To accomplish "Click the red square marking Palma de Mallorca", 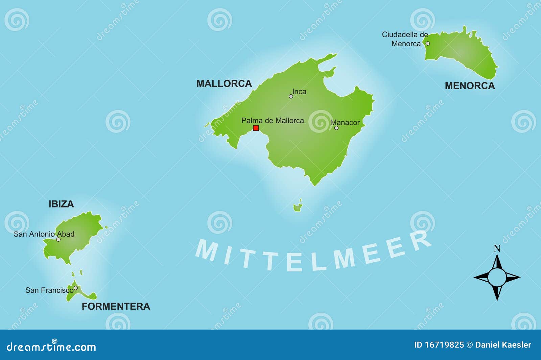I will [256, 128].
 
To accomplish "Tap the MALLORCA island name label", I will [224, 83].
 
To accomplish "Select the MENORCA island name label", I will [470, 86].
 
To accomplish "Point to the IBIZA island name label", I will [61, 204].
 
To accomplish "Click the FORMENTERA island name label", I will [116, 306].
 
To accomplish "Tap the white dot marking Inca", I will [291, 96].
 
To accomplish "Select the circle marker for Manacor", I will [336, 128].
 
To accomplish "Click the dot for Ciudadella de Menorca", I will [427, 44].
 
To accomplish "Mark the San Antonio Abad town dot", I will [58, 239].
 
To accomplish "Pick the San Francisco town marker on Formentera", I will [76, 288].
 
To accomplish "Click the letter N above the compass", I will [497, 249].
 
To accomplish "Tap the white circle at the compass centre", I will [497, 277].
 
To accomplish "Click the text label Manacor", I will [345, 122].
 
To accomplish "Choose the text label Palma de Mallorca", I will [273, 120].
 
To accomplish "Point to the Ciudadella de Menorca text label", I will [405, 39].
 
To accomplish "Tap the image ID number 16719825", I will [444, 345].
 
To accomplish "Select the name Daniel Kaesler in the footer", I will [503, 345].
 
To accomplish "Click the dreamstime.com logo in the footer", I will [51, 347].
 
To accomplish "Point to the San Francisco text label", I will [49, 290].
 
